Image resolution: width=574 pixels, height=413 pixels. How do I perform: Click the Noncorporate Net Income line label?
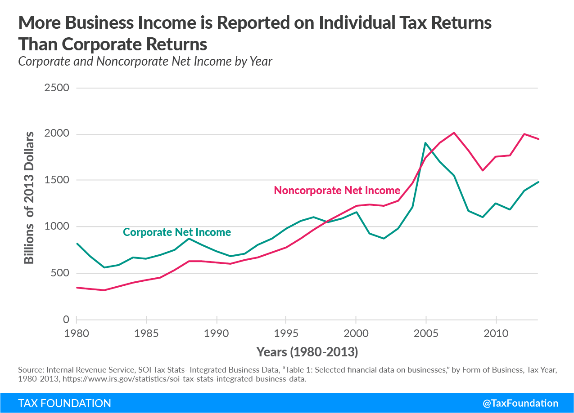tap(337, 191)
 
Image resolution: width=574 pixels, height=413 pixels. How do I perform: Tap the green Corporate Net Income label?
tap(177, 232)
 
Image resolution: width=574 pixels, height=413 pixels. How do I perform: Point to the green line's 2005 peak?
tap(425, 143)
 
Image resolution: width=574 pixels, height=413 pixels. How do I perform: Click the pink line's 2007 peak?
tap(454, 133)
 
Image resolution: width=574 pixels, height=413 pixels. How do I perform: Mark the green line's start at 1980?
tap(77, 244)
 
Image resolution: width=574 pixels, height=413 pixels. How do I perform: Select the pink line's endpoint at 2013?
tap(538, 139)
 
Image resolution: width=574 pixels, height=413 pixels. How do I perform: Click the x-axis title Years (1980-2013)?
tap(307, 352)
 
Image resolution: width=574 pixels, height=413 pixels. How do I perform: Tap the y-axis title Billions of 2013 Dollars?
tap(29, 198)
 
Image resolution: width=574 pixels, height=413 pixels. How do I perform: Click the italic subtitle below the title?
tap(145, 61)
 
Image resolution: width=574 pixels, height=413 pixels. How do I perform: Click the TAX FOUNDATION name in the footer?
tap(64, 403)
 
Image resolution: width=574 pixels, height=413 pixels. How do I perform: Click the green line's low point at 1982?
tap(104, 267)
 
